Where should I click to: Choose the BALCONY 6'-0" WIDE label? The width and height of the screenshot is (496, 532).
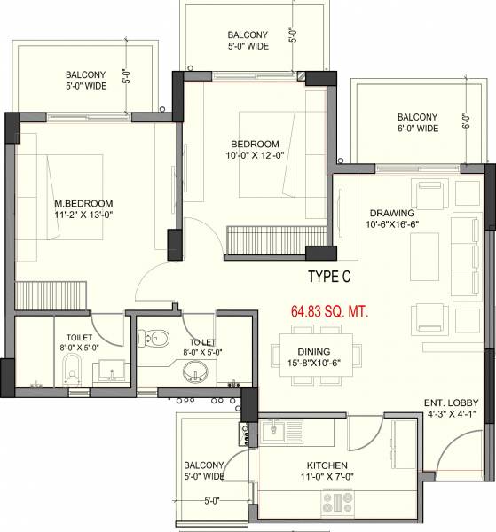tap(417, 122)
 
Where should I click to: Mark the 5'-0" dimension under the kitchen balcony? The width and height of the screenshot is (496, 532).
tap(211, 500)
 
